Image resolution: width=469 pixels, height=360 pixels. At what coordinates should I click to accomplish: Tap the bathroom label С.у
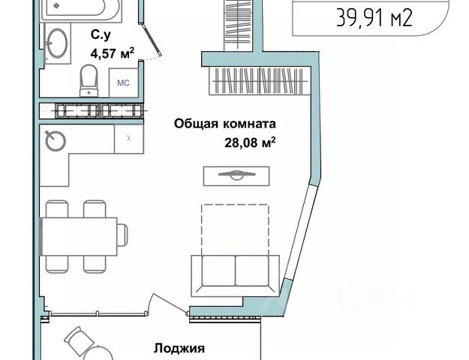click(x=102, y=34)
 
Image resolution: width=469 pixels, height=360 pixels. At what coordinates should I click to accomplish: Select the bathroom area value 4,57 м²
click(x=112, y=52)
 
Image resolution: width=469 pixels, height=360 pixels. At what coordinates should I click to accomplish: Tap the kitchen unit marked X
click(x=129, y=138)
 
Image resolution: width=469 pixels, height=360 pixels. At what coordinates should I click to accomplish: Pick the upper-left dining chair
click(x=56, y=208)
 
